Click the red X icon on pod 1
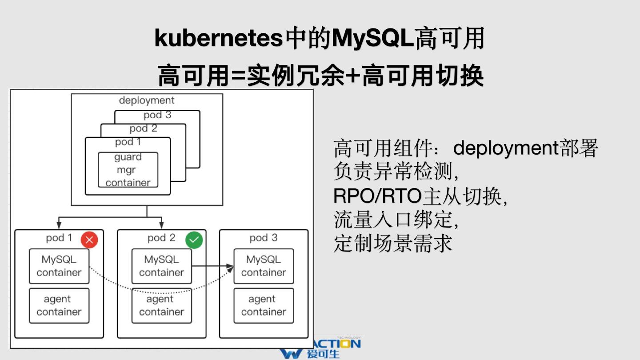(x=89, y=240)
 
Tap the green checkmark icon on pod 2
(x=194, y=240)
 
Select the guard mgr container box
(x=128, y=170)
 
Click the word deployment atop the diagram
(x=147, y=100)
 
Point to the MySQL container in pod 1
(x=59, y=266)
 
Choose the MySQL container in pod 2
(x=161, y=266)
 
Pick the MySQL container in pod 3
(x=264, y=266)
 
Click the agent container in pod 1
(x=59, y=306)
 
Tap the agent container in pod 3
(x=264, y=306)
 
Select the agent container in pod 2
(x=161, y=306)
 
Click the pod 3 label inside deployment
(x=157, y=115)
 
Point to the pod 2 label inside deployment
(x=143, y=129)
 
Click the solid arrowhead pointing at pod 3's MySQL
(x=230, y=267)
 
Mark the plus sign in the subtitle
(x=353, y=76)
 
